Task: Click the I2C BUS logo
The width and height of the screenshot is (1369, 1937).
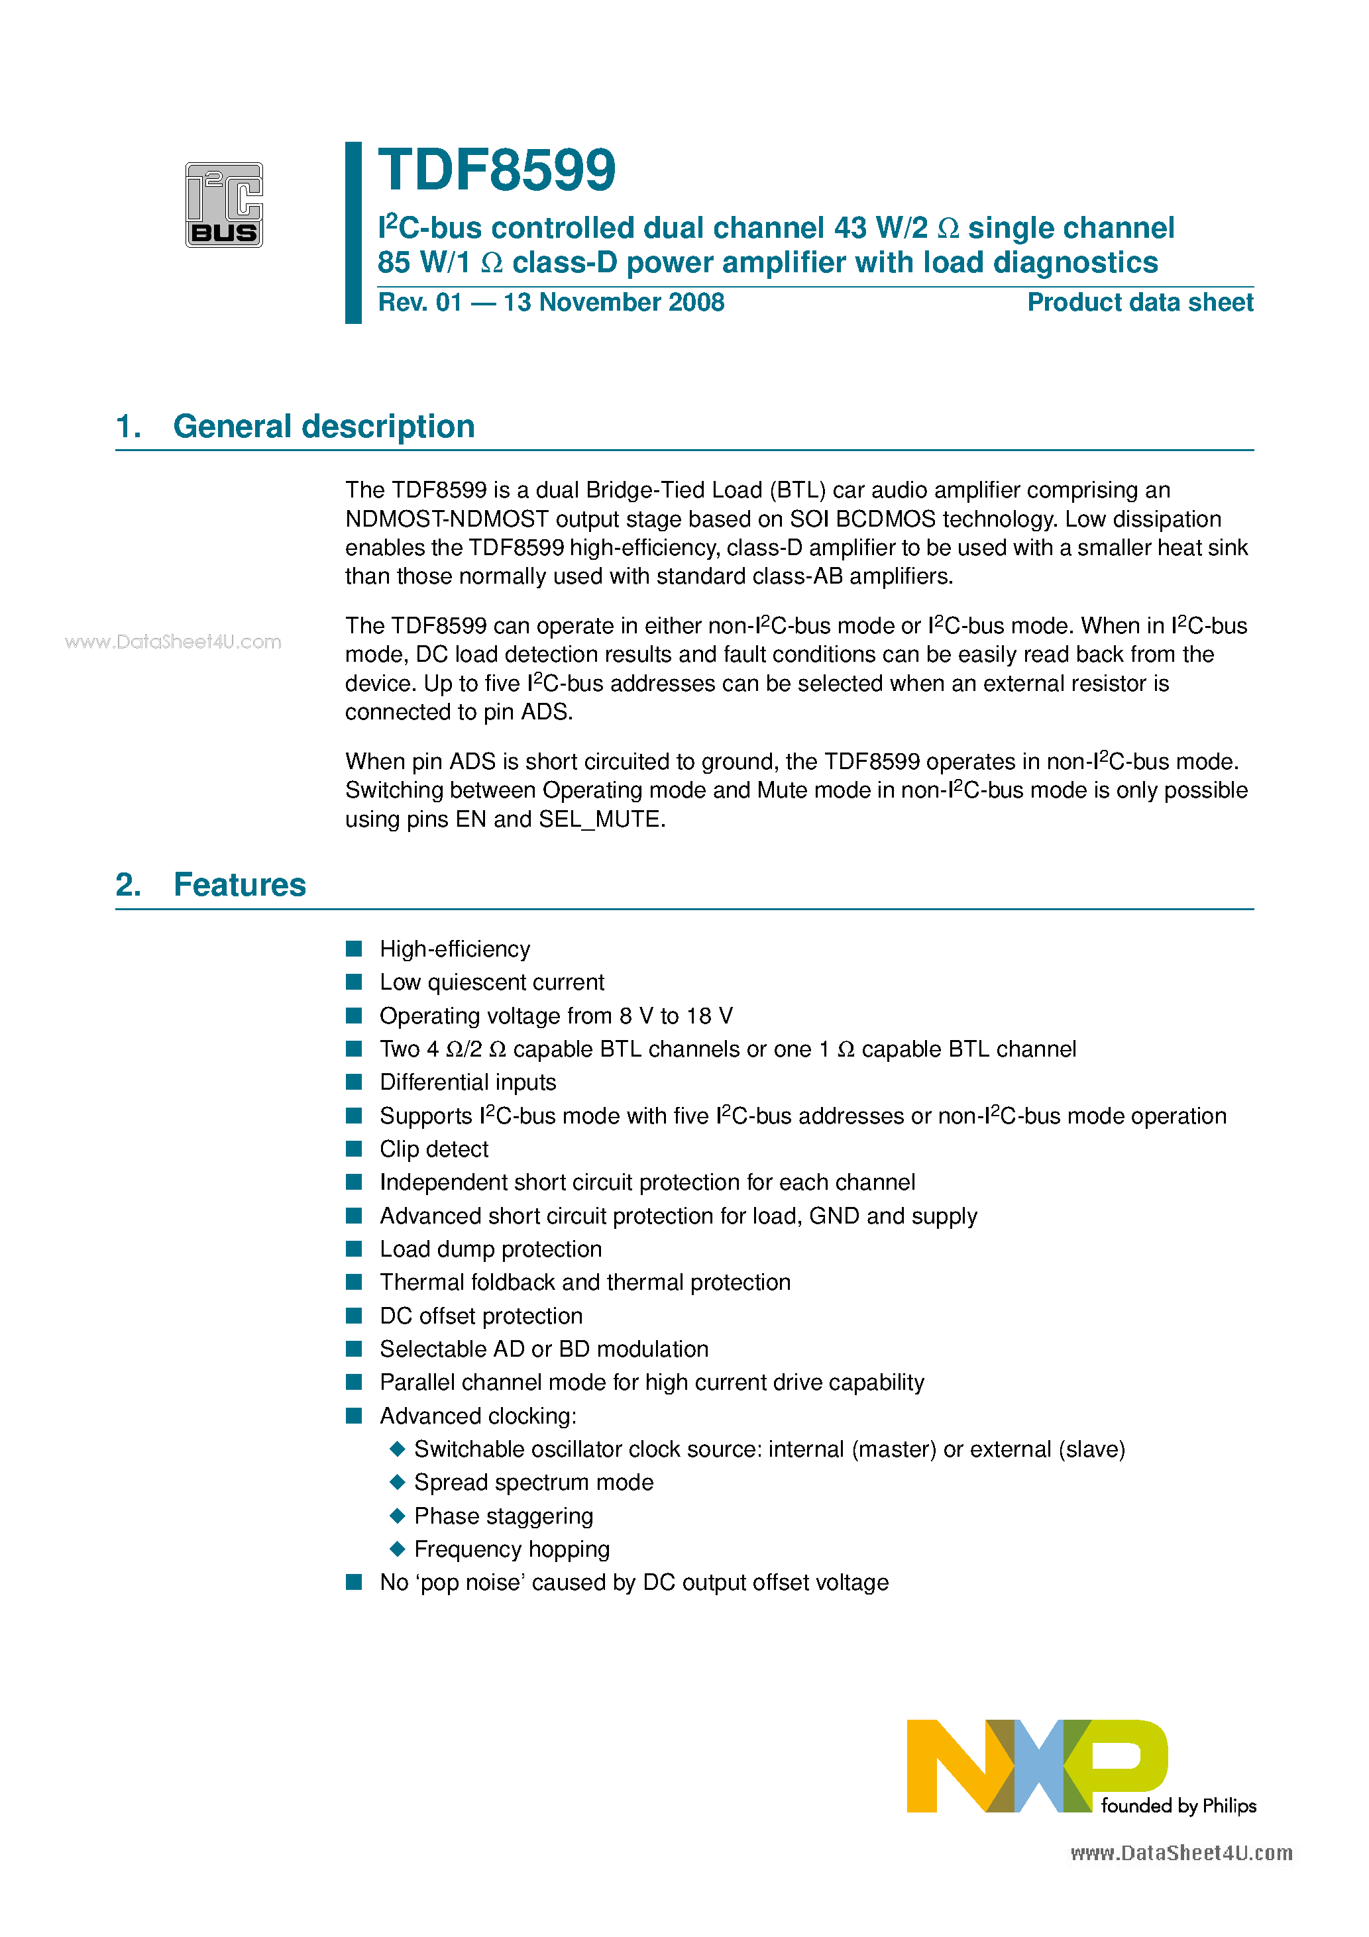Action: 224,205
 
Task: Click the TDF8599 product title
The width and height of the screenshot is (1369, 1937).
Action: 496,170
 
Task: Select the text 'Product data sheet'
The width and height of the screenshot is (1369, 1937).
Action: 1140,302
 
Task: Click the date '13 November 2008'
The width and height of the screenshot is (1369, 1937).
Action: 614,302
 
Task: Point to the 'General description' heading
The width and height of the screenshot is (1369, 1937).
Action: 323,426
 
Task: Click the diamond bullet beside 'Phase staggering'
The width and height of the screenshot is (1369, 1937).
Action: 398,1515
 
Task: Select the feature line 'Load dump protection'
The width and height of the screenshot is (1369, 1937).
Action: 490,1249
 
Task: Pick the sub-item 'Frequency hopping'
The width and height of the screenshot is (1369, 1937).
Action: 512,1549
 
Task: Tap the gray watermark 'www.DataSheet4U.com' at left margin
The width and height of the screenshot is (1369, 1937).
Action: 173,642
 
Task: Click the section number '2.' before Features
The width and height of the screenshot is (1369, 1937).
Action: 129,885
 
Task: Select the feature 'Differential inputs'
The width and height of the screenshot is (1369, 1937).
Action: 468,1082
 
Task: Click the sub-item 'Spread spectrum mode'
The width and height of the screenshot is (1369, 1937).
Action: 533,1483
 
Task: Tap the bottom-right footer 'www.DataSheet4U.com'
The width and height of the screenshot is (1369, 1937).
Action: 1181,1854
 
